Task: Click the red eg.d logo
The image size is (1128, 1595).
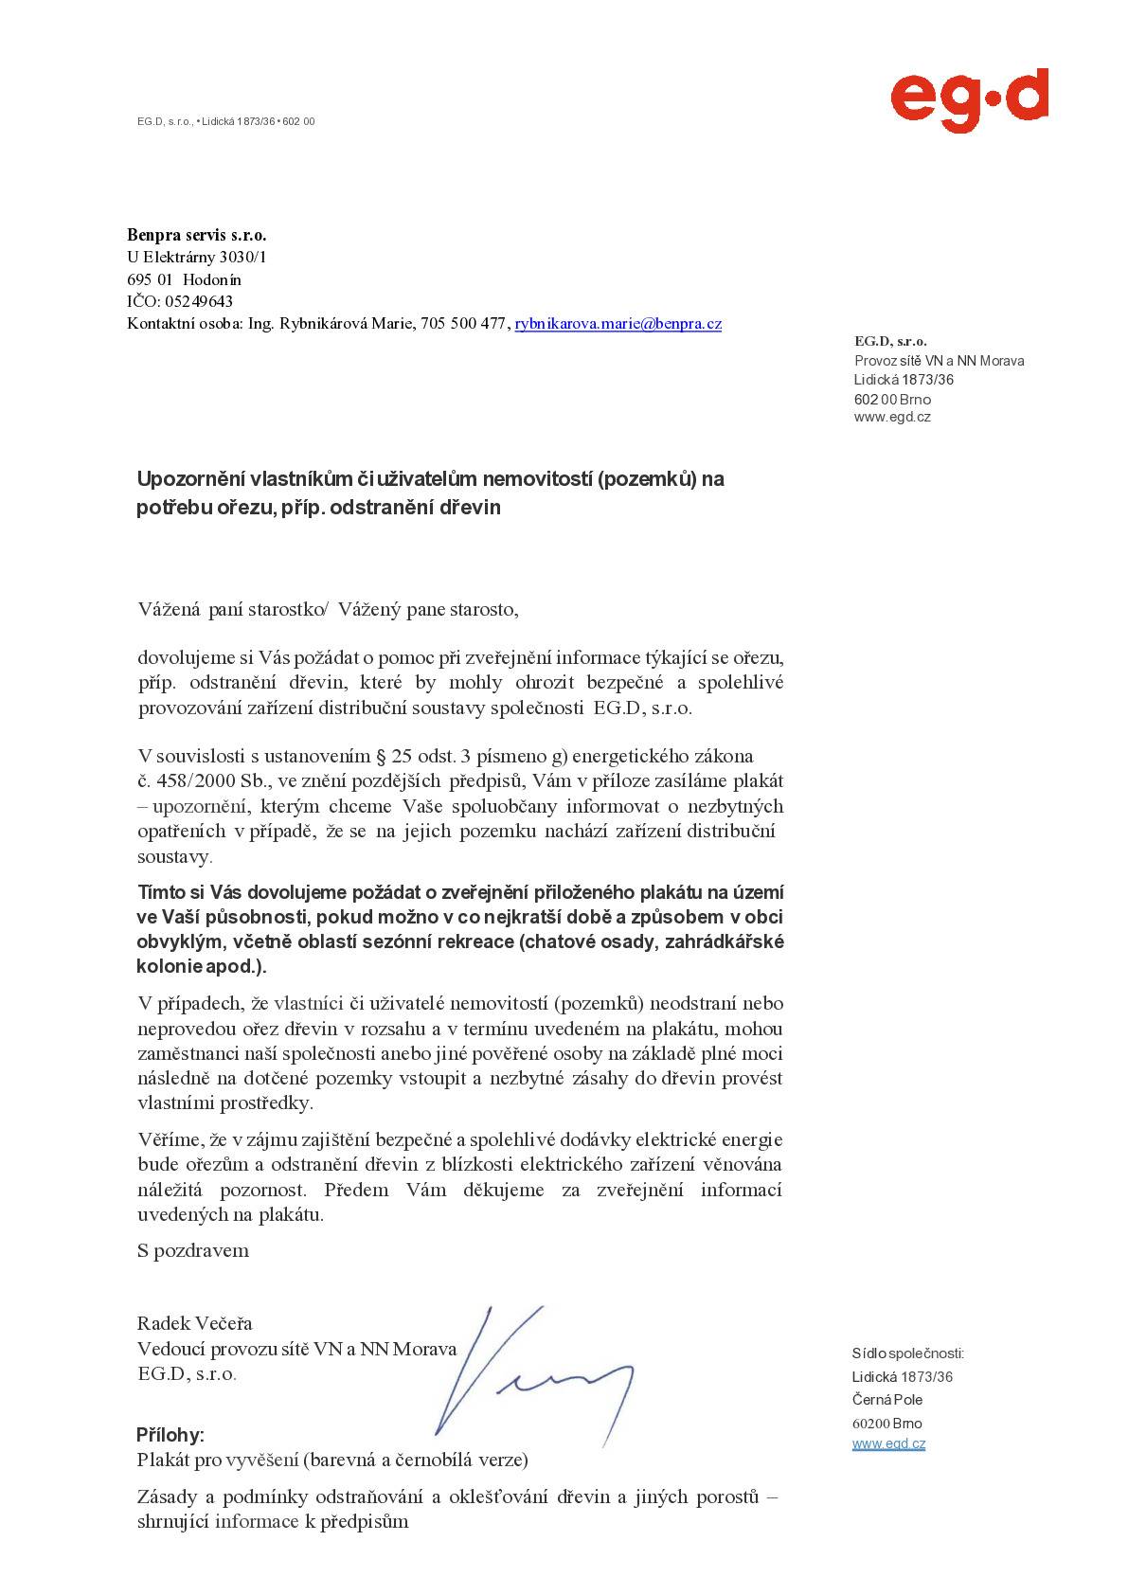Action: click(968, 99)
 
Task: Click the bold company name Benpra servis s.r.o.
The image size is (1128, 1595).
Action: click(197, 234)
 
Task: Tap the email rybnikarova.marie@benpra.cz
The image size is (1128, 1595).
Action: click(618, 324)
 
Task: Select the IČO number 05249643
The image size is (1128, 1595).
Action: click(199, 302)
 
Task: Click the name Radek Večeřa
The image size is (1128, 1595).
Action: click(195, 1323)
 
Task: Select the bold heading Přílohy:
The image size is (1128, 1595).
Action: click(170, 1434)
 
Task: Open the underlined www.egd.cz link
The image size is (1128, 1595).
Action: click(888, 1443)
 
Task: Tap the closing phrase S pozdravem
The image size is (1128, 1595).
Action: click(193, 1250)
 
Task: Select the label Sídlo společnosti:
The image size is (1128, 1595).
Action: click(907, 1353)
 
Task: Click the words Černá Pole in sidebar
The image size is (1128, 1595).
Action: click(887, 1400)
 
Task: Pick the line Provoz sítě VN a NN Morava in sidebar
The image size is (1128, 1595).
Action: click(939, 361)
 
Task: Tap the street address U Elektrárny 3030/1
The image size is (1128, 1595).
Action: click(197, 257)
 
